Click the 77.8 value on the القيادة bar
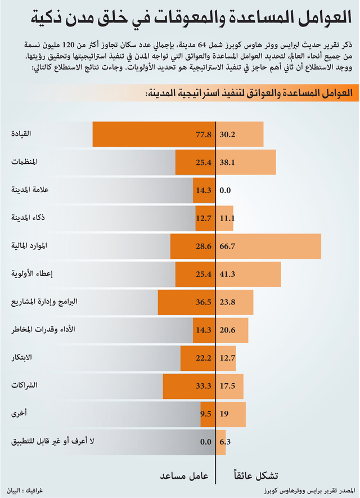pyautogui.click(x=204, y=134)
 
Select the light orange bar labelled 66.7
pyautogui.click(x=268, y=246)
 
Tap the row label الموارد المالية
pyautogui.click(x=29, y=245)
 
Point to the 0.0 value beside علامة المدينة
pyautogui.click(x=225, y=190)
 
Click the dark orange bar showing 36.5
pyautogui.click(x=187, y=302)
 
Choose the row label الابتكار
pyautogui.click(x=21, y=357)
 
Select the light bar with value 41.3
pyautogui.click(x=249, y=274)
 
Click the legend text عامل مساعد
pyautogui.click(x=184, y=475)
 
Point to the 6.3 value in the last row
pyautogui.click(x=225, y=442)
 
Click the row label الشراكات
pyautogui.click(x=24, y=385)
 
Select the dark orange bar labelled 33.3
pyautogui.click(x=189, y=386)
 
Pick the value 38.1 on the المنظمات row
pyautogui.click(x=227, y=162)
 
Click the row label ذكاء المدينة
pyautogui.click(x=28, y=218)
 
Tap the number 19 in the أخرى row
pyautogui.click(x=224, y=414)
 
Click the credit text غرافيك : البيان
pyautogui.click(x=24, y=491)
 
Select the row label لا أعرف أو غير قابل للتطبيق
pyautogui.click(x=53, y=441)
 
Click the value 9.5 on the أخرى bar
pyautogui.click(x=206, y=414)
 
